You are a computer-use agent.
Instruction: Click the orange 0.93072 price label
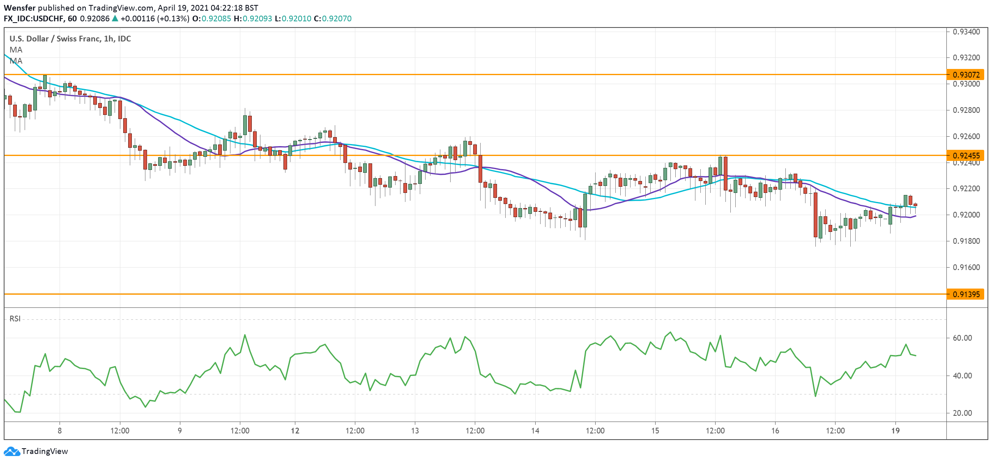pos(965,75)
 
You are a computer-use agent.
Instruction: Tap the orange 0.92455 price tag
pos(965,156)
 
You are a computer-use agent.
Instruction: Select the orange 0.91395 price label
pos(965,294)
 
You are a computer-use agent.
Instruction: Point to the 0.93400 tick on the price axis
pos(966,32)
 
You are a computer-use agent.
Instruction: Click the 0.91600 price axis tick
pos(966,268)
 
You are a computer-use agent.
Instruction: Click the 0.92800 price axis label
pos(966,110)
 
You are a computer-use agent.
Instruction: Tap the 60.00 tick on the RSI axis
pos(962,338)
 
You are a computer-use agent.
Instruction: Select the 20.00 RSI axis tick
pos(962,413)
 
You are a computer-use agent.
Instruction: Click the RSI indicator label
pos(15,319)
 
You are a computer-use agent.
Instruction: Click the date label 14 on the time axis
pos(535,431)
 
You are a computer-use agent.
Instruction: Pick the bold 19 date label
pos(895,431)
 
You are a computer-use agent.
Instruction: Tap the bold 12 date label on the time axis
pos(295,431)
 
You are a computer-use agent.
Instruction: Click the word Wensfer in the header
pos(19,8)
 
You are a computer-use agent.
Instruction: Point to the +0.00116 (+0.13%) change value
pos(155,18)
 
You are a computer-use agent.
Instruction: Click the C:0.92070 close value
pos(332,18)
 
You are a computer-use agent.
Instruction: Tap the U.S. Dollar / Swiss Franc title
pos(70,39)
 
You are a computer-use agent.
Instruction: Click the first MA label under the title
pos(16,50)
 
